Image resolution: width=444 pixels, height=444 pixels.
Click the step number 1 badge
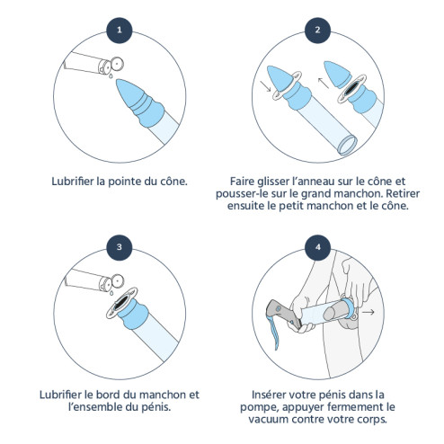pos(120,30)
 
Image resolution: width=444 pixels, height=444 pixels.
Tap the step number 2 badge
pos(317,30)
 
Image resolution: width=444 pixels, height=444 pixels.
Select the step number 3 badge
pos(120,247)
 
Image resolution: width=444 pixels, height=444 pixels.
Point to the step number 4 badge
pos(317,247)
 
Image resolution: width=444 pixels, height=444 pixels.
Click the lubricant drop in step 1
pos(111,76)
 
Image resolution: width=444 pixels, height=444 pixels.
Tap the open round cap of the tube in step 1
pos(117,64)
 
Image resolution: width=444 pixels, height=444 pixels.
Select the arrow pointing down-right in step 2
pos(265,86)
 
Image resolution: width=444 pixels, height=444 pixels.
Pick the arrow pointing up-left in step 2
pos(324,83)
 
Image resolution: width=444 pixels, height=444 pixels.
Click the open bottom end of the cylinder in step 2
pos(348,146)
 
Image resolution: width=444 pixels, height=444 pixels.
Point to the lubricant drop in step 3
pos(111,293)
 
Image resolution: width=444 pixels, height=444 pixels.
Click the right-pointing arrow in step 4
pos(369,312)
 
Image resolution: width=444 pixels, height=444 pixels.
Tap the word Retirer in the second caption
pos(403,193)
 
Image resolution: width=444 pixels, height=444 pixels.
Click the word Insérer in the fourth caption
pos(268,395)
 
